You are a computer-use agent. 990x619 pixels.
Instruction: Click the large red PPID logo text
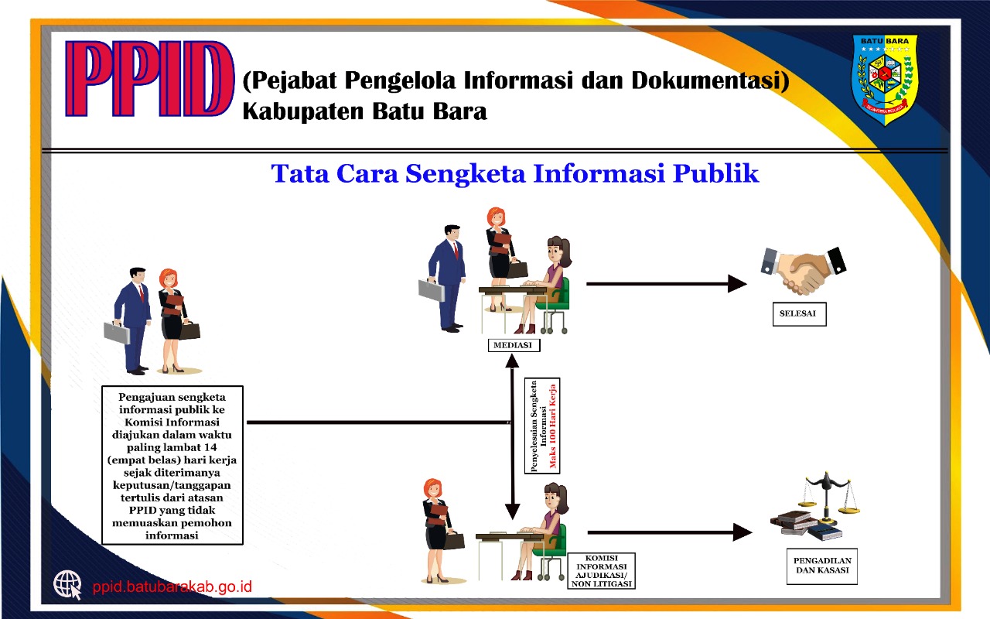coord(149,79)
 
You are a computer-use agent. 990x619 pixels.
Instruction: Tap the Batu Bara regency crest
coord(885,80)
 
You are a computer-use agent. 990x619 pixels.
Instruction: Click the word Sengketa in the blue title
coord(466,173)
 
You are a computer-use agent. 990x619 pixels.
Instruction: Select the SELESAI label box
coord(799,314)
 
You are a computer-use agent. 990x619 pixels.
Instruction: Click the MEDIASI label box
coord(514,345)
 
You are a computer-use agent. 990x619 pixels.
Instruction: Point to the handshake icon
coord(803,271)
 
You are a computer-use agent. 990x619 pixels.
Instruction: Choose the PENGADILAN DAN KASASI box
coord(822,566)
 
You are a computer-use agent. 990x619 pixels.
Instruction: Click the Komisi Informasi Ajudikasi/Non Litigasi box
coord(601,571)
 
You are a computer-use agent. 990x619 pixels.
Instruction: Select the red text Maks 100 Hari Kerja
coord(552,426)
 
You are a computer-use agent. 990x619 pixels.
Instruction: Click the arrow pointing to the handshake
coord(667,284)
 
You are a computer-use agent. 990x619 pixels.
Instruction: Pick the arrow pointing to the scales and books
coord(670,532)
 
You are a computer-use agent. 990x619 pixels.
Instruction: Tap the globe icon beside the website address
coord(67,585)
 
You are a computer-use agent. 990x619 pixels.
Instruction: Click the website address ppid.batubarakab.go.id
coord(172,587)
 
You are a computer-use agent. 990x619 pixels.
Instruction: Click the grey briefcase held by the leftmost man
coord(117,333)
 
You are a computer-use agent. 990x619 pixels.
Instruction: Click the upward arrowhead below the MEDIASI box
coord(512,361)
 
